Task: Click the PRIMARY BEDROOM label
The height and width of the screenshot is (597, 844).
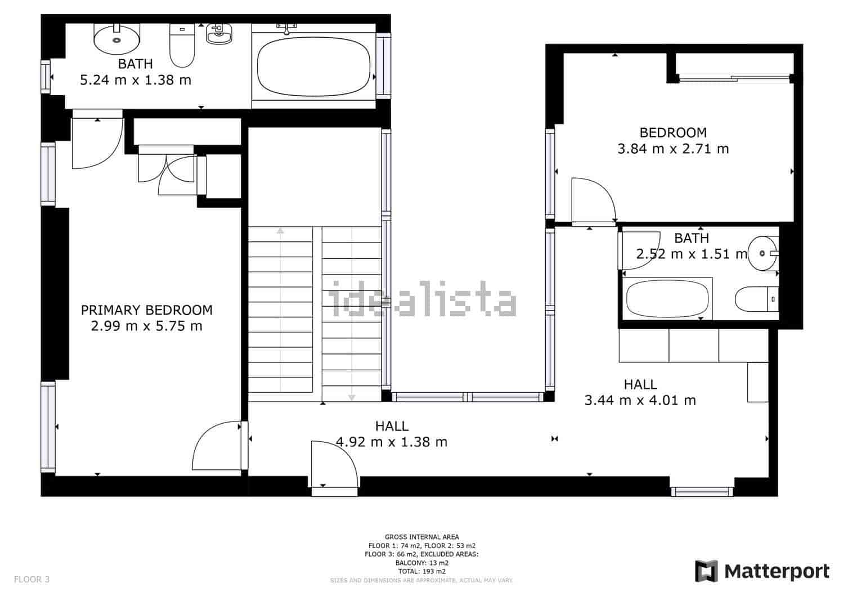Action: pyautogui.click(x=147, y=310)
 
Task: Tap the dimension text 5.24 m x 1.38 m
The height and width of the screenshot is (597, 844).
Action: pyautogui.click(x=136, y=80)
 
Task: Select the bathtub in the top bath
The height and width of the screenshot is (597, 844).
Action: pyautogui.click(x=313, y=66)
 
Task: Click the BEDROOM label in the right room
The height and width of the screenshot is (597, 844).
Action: pyautogui.click(x=673, y=133)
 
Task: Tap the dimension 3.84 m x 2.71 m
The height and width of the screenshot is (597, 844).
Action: pyautogui.click(x=673, y=149)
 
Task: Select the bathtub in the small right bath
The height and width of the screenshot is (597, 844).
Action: pyautogui.click(x=667, y=299)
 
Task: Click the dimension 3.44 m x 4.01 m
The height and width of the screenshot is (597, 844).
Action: pyautogui.click(x=640, y=401)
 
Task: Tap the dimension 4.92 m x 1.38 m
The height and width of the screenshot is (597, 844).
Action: pyautogui.click(x=392, y=442)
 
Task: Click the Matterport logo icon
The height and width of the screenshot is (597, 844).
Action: pyautogui.click(x=707, y=571)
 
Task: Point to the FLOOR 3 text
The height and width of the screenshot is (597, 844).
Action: pyautogui.click(x=32, y=579)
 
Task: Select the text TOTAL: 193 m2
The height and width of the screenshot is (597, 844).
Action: pyautogui.click(x=421, y=571)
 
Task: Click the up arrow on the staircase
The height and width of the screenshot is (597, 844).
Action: pyautogui.click(x=280, y=230)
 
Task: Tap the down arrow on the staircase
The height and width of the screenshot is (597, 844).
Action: pyautogui.click(x=352, y=397)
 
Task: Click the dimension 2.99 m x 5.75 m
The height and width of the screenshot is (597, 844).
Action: pyautogui.click(x=147, y=326)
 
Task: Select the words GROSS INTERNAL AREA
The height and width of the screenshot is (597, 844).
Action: pyautogui.click(x=421, y=537)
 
